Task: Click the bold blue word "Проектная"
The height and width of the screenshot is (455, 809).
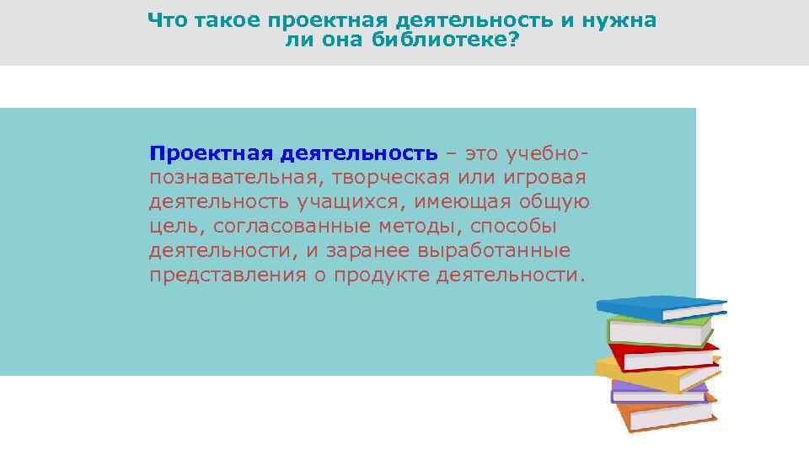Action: [210, 154]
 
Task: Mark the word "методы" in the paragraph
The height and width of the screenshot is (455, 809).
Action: [421, 227]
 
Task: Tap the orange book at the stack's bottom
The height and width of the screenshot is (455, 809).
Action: [666, 415]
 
